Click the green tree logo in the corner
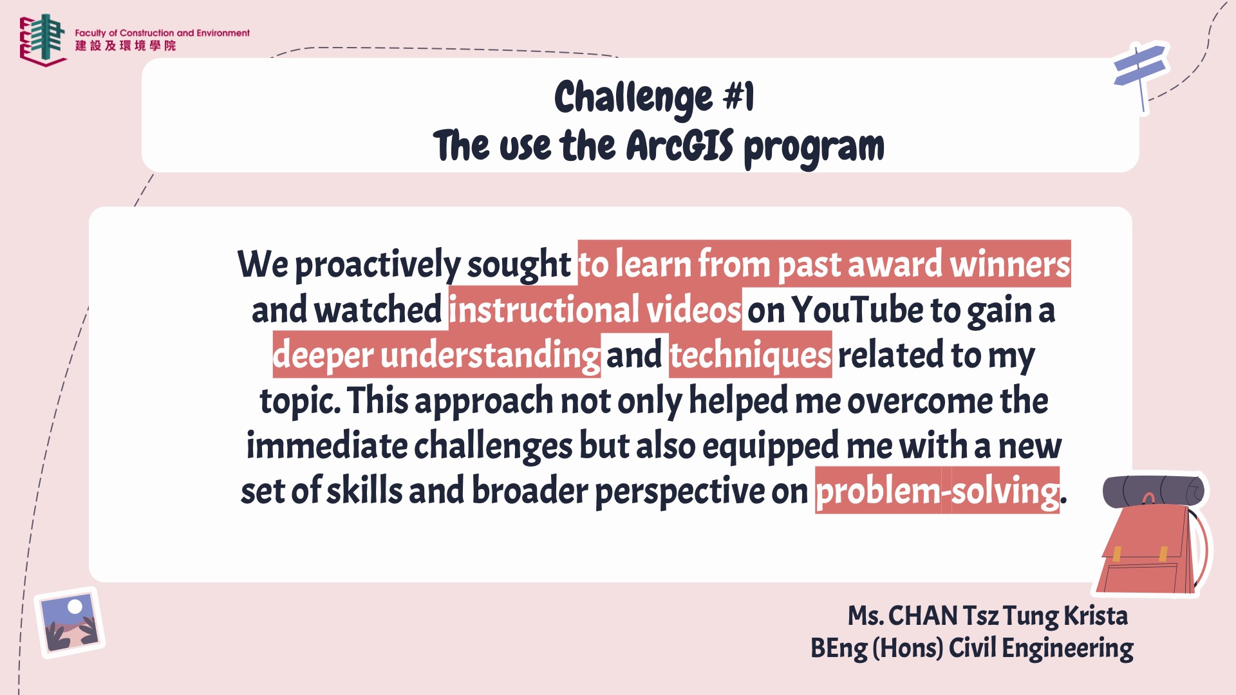[x=43, y=39]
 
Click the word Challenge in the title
[x=633, y=98]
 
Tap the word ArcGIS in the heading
[x=680, y=145]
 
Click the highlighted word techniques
[x=751, y=355]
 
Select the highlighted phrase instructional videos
[x=595, y=310]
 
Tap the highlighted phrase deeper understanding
[x=436, y=355]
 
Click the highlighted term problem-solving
[x=937, y=491]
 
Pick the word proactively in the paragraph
[x=377, y=264]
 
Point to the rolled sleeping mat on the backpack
[x=1154, y=492]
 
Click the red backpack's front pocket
[x=1138, y=577]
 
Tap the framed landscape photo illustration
[x=70, y=622]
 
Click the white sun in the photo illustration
[x=75, y=606]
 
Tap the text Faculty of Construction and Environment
[x=162, y=33]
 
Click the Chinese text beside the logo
[x=126, y=46]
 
